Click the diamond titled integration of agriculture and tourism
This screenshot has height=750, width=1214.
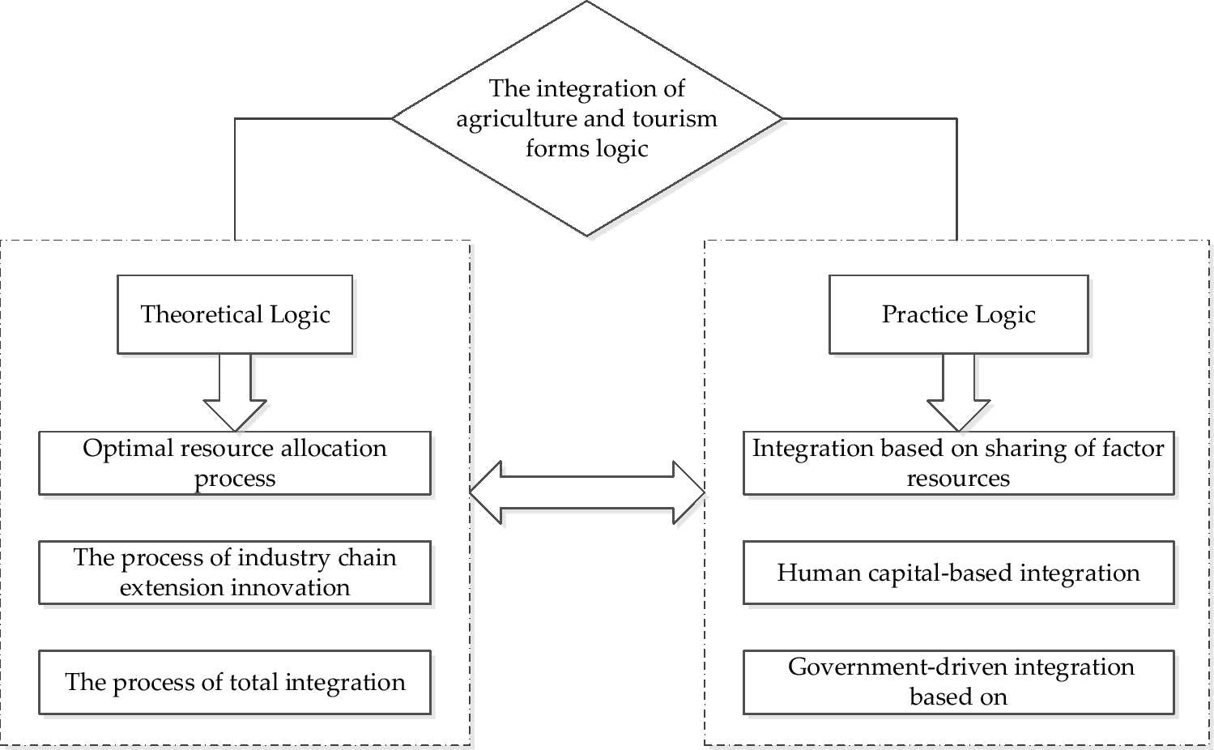586,118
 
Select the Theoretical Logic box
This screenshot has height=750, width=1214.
235,314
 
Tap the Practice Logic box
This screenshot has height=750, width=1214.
958,314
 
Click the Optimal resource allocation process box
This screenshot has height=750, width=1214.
235,462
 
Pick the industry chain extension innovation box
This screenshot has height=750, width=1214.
235,572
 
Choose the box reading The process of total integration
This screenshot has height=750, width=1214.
235,682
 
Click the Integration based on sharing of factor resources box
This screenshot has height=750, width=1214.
958,462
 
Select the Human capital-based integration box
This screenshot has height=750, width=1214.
958,573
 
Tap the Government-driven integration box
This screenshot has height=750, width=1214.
958,682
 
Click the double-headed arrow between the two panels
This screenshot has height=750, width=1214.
587,492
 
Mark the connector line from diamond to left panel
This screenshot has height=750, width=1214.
235,178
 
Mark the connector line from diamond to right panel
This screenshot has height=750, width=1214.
956,178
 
